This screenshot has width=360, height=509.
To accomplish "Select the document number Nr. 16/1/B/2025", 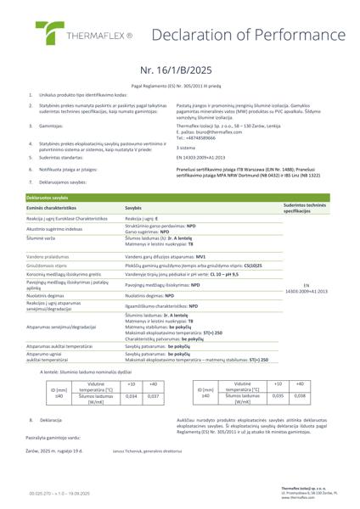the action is tap(179, 72).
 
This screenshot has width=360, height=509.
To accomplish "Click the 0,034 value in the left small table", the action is tap(132, 372).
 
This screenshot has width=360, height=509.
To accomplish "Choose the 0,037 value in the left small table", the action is tap(153, 372).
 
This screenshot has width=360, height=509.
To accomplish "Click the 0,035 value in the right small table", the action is tap(277, 372).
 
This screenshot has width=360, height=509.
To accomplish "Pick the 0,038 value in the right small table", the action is tap(300, 372).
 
